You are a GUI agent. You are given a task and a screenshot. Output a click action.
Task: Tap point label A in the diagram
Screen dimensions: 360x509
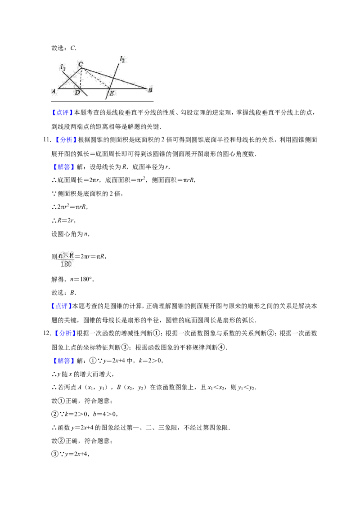(x=54, y=91)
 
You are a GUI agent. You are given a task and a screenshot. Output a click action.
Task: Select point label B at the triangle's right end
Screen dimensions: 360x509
(x=150, y=90)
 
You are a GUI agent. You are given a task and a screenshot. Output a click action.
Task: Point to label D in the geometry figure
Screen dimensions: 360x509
(x=77, y=93)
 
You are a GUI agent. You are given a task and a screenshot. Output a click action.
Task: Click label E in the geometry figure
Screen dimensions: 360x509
(x=112, y=94)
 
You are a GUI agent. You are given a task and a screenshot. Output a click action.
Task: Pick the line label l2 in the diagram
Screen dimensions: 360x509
(x=122, y=59)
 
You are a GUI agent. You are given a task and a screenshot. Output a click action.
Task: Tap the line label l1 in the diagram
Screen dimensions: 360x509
(x=63, y=67)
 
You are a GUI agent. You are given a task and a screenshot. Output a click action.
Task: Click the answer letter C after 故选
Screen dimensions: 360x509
(x=73, y=48)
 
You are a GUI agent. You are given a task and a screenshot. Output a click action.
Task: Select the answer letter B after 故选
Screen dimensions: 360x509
(x=72, y=292)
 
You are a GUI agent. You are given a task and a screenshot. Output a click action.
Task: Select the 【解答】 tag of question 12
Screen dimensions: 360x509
(x=63, y=361)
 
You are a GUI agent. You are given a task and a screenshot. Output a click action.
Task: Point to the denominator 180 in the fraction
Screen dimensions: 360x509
(x=66, y=264)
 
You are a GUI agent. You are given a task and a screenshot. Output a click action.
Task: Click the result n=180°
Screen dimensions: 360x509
(x=82, y=279)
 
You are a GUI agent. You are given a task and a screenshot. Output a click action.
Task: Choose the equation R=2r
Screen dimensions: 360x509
(x=66, y=220)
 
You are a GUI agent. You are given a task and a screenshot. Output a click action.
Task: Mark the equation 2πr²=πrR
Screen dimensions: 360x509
(x=72, y=206)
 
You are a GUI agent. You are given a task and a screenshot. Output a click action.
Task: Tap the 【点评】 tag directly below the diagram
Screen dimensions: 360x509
(x=63, y=113)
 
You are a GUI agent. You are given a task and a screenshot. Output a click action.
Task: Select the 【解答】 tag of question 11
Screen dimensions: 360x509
(x=63, y=167)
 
